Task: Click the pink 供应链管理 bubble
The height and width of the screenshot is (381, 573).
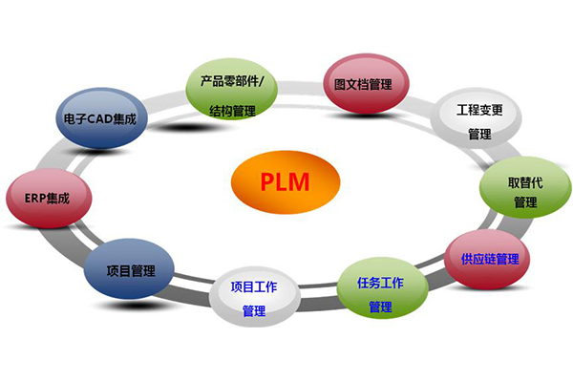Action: (489, 259)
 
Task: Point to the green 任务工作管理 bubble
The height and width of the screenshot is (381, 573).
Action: (381, 293)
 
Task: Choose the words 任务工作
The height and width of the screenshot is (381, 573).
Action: (381, 283)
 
